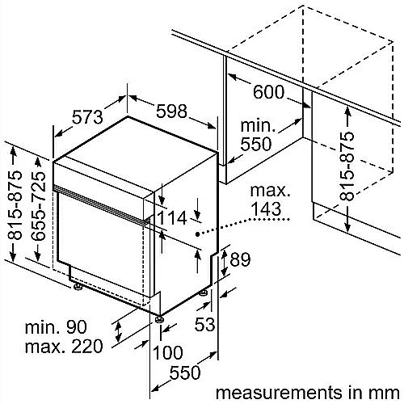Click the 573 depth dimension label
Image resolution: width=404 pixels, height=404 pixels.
87,117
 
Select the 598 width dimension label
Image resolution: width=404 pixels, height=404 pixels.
171,111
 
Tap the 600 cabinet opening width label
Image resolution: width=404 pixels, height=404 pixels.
268,92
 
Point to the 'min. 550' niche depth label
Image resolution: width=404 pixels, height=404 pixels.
256,135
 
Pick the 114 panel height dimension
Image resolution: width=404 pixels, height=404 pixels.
171,217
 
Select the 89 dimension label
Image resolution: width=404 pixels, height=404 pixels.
240,259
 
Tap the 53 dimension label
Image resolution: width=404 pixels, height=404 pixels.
205,324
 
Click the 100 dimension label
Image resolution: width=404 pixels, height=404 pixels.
168,352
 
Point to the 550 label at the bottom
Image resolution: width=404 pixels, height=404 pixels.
185,372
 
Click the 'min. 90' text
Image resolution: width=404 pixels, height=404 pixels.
56,326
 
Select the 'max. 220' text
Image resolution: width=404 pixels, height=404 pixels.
64,346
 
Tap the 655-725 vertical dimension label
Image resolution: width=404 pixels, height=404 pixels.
38,206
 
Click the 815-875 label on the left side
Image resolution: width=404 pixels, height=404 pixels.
15,205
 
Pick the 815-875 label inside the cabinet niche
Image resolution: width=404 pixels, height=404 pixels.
347,166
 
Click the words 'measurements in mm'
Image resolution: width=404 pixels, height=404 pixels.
308,393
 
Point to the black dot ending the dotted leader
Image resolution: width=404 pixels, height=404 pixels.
198,234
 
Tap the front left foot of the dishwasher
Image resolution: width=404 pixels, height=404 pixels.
78,287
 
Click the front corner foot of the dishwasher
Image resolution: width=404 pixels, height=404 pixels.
159,319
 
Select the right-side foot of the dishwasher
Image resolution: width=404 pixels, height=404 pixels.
204,292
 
